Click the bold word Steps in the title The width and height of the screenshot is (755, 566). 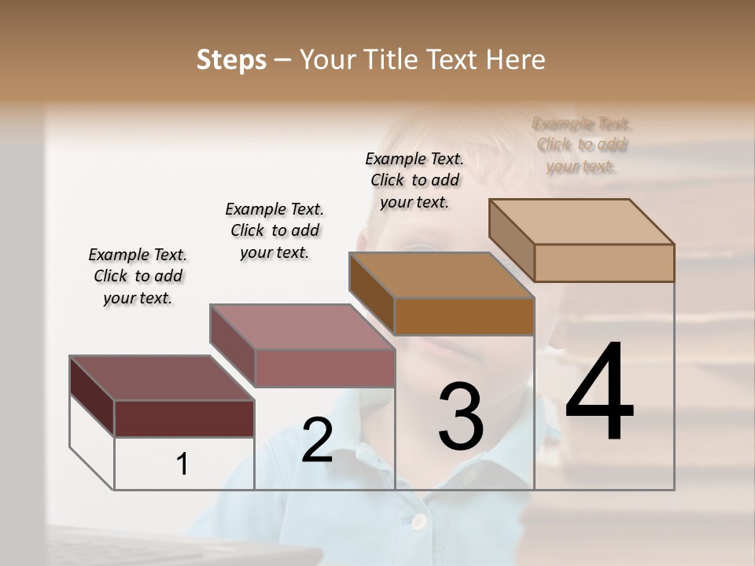click(231, 60)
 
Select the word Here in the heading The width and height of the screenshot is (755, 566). click(516, 60)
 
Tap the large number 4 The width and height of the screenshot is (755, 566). click(599, 392)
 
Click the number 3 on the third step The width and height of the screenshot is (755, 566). click(461, 417)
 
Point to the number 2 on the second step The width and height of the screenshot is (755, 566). click(317, 440)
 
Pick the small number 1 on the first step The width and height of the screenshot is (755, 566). click(182, 465)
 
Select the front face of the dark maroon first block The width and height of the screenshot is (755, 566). click(184, 418)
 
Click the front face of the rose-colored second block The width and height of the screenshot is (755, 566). click(325, 368)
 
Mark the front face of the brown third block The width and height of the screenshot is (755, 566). click(464, 316)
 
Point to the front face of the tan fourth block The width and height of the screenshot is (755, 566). click(604, 263)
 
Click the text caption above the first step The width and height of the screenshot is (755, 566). click(138, 276)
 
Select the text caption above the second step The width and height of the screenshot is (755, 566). click(274, 230)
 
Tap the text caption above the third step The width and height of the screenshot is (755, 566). click(414, 180)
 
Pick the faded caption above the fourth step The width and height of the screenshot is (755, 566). click(582, 145)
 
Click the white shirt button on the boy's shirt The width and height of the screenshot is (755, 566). click(419, 521)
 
